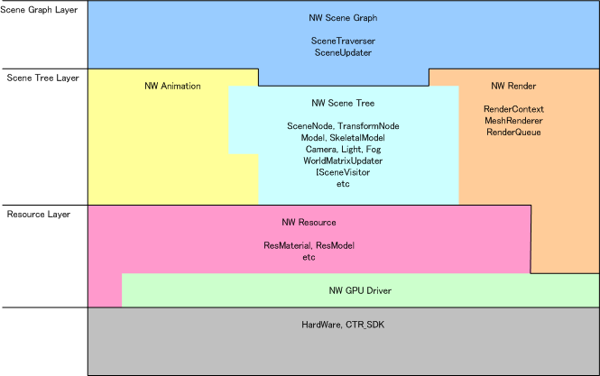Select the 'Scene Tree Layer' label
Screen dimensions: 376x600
(42, 78)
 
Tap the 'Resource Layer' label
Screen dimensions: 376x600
(38, 214)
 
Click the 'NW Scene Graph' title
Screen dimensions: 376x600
(343, 18)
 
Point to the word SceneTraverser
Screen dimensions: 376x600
(343, 41)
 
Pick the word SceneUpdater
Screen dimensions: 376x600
(343, 53)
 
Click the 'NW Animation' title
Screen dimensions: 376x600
(172, 86)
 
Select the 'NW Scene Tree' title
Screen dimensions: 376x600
(343, 103)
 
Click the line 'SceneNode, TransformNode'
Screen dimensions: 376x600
(343, 125)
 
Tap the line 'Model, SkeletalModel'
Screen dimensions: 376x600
(343, 137)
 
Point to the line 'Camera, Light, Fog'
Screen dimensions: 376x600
(343, 149)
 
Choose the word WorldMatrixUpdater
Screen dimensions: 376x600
(343, 160)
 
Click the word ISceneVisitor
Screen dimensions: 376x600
(343, 172)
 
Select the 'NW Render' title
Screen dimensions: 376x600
(513, 86)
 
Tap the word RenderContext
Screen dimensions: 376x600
(513, 108)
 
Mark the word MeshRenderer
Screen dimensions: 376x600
(513, 120)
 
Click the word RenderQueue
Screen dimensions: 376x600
(513, 132)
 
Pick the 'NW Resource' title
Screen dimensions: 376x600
(309, 221)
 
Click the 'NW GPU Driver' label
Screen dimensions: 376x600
(359, 290)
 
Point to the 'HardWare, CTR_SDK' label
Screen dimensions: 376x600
(343, 324)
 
